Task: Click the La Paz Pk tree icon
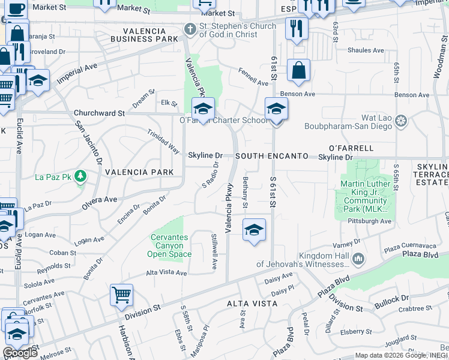81,176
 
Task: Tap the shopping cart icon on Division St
121,295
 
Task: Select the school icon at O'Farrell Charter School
203,109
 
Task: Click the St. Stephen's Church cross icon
190,29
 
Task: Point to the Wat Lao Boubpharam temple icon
401,122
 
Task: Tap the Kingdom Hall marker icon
358,259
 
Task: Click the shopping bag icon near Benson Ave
298,70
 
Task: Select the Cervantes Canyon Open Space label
169,245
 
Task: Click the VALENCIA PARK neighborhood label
139,172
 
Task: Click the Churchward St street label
99,113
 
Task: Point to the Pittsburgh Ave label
369,221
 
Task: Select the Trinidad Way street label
163,140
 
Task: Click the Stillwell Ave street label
214,256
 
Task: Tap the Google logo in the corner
20,352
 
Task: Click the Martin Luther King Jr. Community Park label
362,197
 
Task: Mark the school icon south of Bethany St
254,230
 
